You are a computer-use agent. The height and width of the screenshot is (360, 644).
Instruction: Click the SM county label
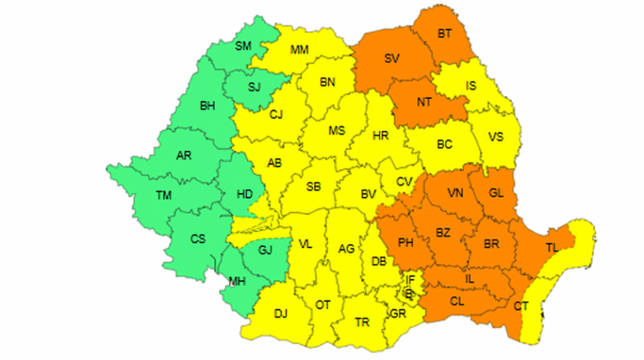click(243, 46)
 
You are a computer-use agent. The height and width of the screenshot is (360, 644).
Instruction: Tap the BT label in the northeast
click(445, 33)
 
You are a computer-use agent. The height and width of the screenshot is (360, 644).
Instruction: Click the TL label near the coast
click(552, 248)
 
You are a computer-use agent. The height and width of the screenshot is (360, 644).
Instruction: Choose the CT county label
click(521, 307)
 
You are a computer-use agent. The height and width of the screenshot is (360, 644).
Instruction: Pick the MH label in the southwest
click(237, 282)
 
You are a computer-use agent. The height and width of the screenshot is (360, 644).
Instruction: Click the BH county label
click(207, 106)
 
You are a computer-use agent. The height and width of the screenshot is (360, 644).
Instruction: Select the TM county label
click(163, 196)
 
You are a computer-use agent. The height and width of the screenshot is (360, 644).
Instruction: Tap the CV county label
click(404, 181)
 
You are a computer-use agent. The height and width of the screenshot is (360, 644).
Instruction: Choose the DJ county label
click(281, 314)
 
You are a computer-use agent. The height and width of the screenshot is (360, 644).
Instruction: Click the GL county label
click(496, 193)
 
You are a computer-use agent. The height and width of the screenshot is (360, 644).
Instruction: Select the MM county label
click(300, 50)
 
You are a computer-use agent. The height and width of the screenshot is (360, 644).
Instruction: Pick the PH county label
click(405, 242)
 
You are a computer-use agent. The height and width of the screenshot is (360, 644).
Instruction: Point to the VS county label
click(495, 137)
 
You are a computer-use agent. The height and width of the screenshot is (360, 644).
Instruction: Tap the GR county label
click(398, 314)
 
